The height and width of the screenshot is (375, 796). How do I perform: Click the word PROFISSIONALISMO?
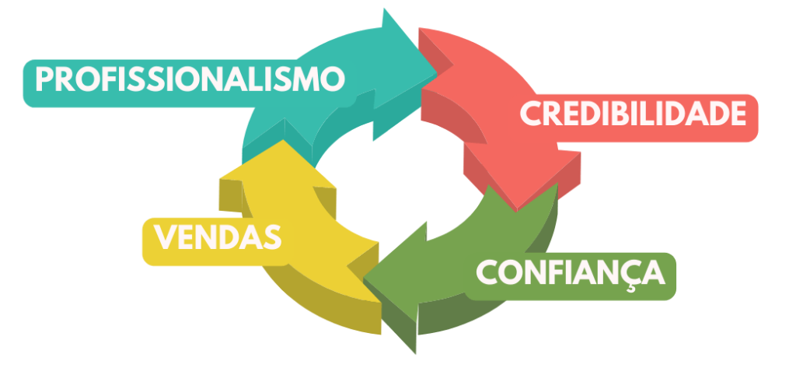point(190,79)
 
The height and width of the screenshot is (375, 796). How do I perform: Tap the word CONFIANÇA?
point(571,272)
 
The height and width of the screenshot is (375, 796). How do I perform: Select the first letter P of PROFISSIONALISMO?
point(46,79)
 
